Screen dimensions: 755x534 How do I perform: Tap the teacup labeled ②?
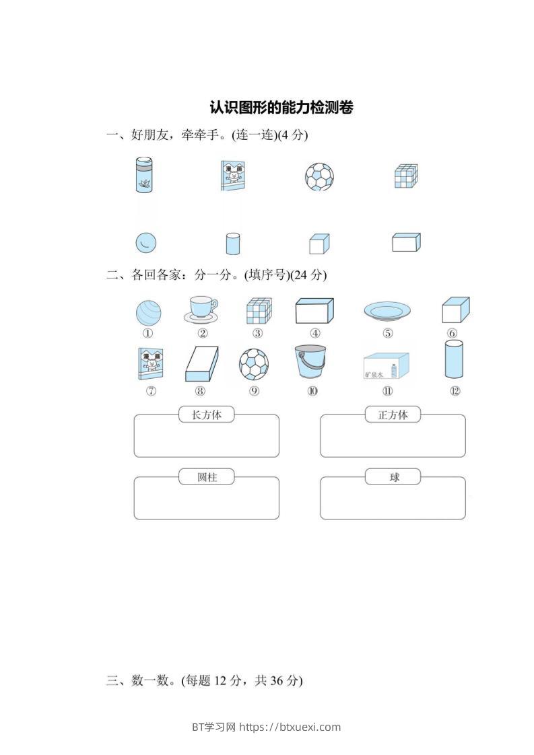point(201,310)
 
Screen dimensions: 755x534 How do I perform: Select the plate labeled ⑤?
point(387,311)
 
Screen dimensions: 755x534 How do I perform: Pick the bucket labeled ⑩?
point(310,362)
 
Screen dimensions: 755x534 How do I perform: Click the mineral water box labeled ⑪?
point(387,366)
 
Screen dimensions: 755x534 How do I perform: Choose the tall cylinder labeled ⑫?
point(455,360)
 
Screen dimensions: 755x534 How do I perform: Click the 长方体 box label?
point(206,415)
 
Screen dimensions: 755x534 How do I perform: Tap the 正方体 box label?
point(393,415)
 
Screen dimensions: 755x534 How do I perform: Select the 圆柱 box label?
point(206,477)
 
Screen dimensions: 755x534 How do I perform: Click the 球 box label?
point(393,477)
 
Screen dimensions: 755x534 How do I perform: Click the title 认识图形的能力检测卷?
point(281,108)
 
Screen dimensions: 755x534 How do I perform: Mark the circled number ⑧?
point(200,392)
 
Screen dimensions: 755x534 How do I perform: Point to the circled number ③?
point(257,333)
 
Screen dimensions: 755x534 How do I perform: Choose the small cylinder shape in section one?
point(232,244)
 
